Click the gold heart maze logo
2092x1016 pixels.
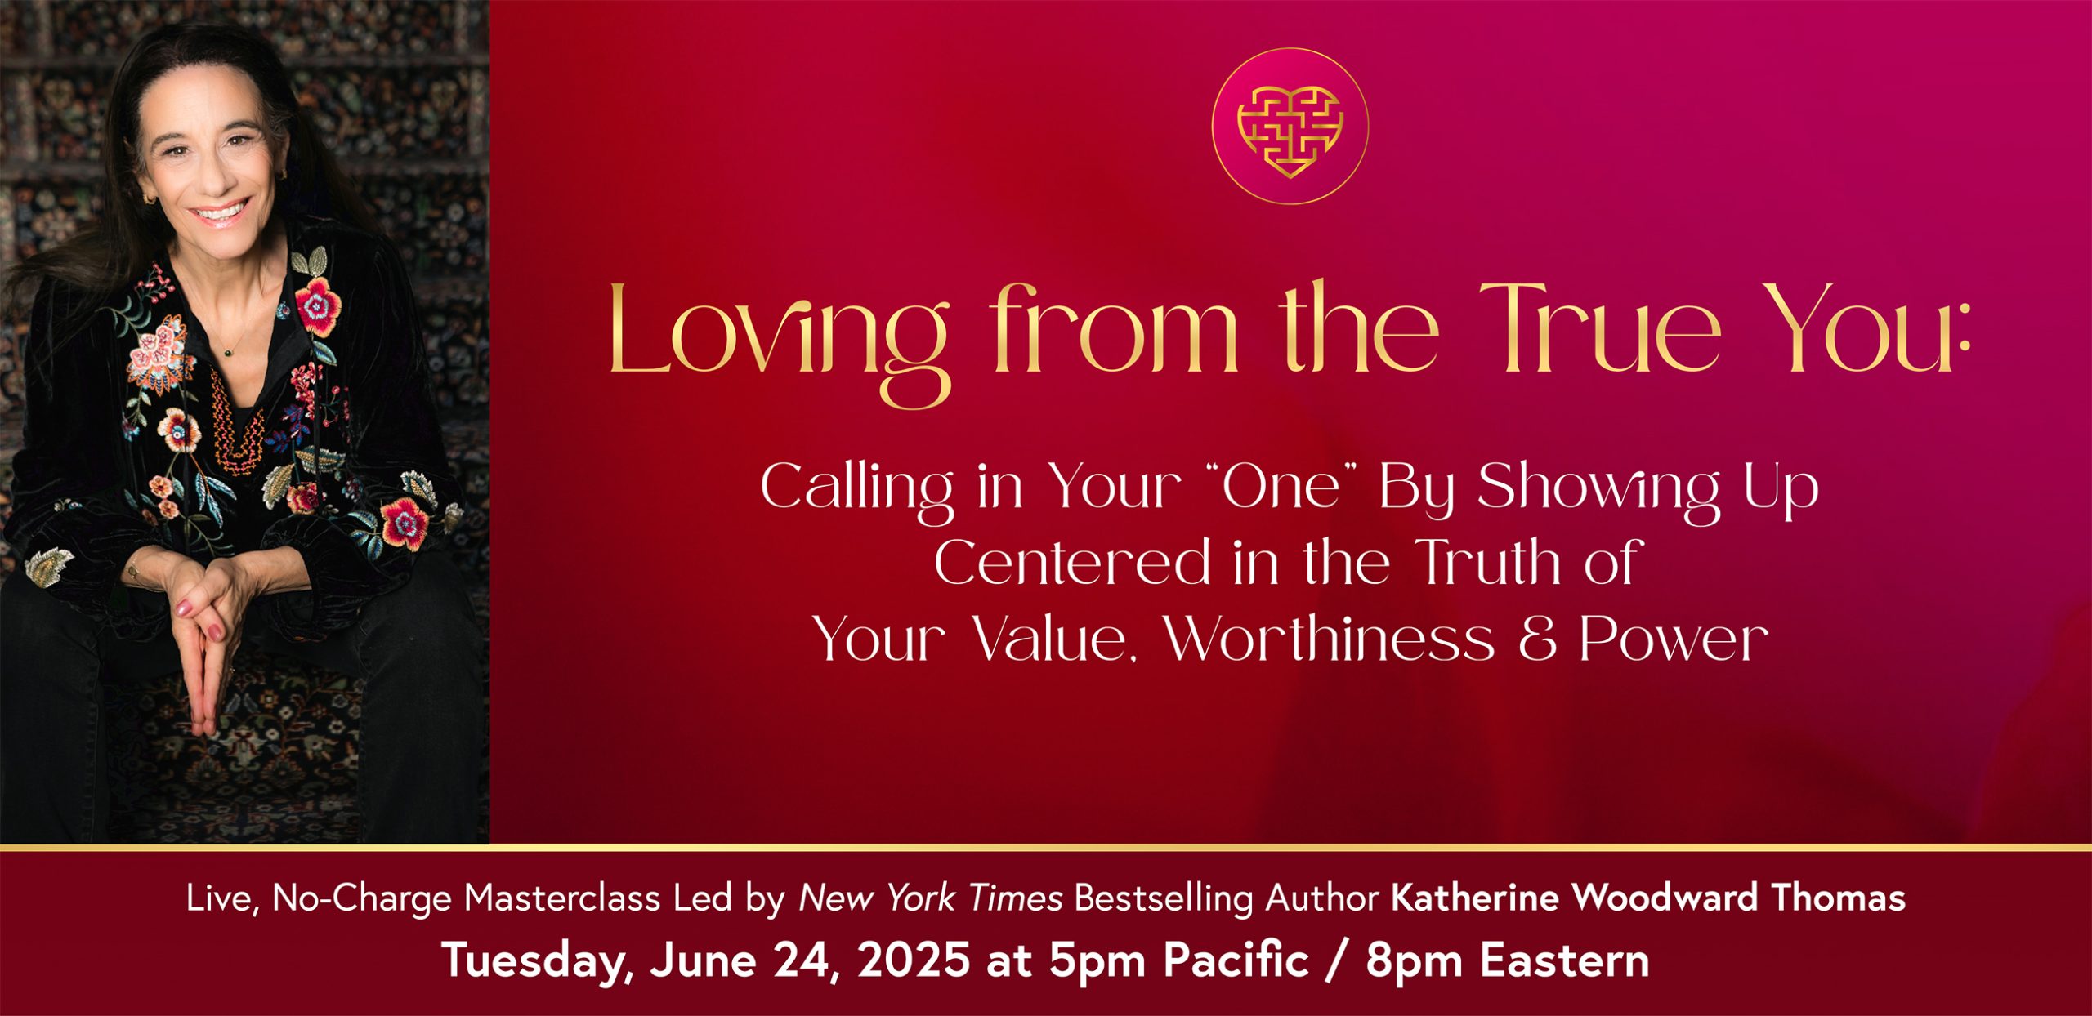(x=1290, y=127)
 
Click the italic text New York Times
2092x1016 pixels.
(x=930, y=898)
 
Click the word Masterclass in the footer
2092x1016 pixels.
(x=562, y=898)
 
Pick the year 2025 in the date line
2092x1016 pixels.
(x=914, y=960)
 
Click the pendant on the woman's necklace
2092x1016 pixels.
(x=228, y=353)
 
